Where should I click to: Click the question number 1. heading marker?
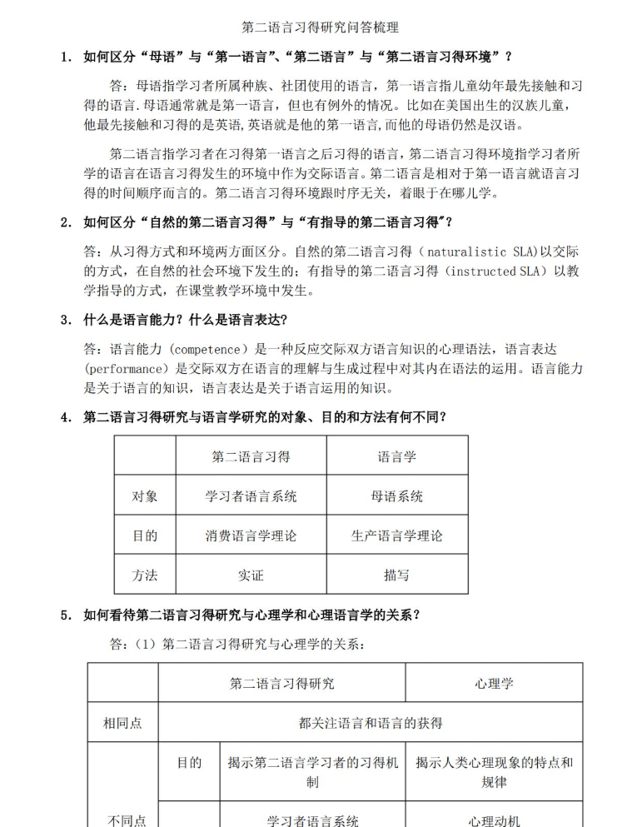[66, 57]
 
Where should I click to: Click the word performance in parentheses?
[122, 368]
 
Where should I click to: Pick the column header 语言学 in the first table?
[396, 456]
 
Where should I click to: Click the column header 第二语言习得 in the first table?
[251, 456]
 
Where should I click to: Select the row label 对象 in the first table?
[145, 496]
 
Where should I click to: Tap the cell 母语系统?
[396, 496]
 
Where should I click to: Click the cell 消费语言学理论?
[251, 536]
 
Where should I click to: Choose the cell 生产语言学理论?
[396, 536]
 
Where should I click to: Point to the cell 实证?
[251, 575]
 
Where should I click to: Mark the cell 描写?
[396, 575]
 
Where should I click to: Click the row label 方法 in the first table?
[145, 575]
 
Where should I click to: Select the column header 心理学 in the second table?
[494, 684]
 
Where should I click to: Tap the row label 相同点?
[122, 723]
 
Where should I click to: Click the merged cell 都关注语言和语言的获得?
[371, 723]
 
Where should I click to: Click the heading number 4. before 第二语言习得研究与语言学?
[66, 417]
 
